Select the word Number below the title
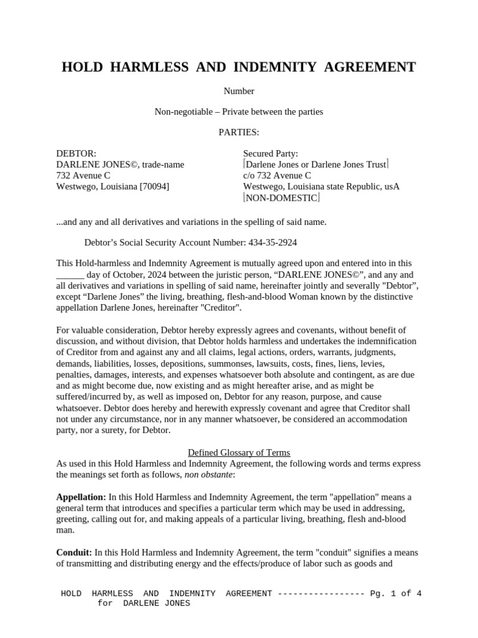[239, 91]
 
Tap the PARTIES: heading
[239, 132]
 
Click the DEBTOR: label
[77, 153]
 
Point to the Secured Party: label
[270, 153]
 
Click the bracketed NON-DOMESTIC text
[281, 198]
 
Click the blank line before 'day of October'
[70, 275]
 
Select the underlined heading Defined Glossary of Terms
[239, 452]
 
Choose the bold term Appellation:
[81, 497]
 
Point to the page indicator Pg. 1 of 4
[396, 593]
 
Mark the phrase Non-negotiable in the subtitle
[182, 112]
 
